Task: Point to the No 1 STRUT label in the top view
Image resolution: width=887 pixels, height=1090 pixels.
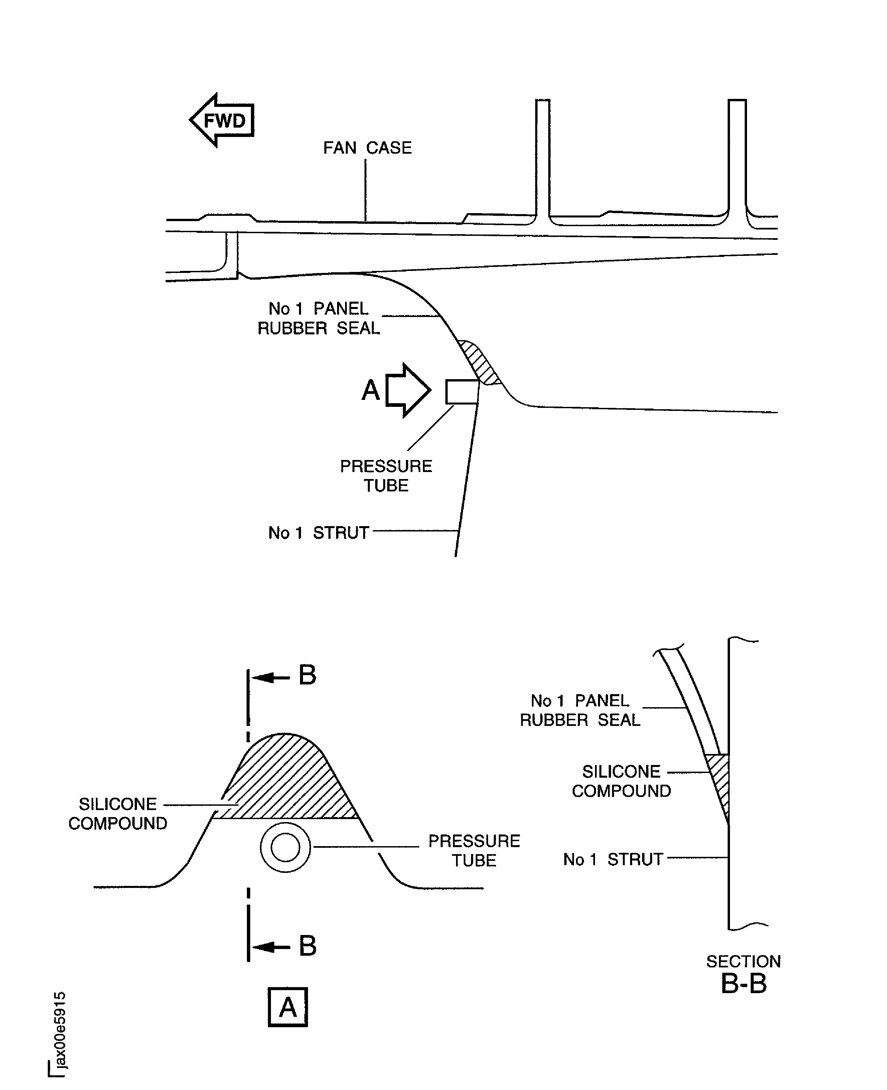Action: pyautogui.click(x=318, y=533)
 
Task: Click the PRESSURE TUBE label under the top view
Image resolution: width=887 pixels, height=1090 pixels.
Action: pyautogui.click(x=386, y=476)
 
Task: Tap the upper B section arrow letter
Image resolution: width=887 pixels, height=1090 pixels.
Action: pyautogui.click(x=307, y=675)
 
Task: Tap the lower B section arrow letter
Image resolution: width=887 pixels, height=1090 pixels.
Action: pyautogui.click(x=307, y=946)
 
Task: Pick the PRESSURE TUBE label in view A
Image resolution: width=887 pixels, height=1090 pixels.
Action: pyautogui.click(x=474, y=850)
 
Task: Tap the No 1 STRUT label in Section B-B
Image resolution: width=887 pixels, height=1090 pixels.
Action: pyautogui.click(x=613, y=860)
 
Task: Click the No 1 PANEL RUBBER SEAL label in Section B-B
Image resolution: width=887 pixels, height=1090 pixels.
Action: pyautogui.click(x=580, y=710)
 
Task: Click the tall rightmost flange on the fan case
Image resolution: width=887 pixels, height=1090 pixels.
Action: pyautogui.click(x=737, y=158)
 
